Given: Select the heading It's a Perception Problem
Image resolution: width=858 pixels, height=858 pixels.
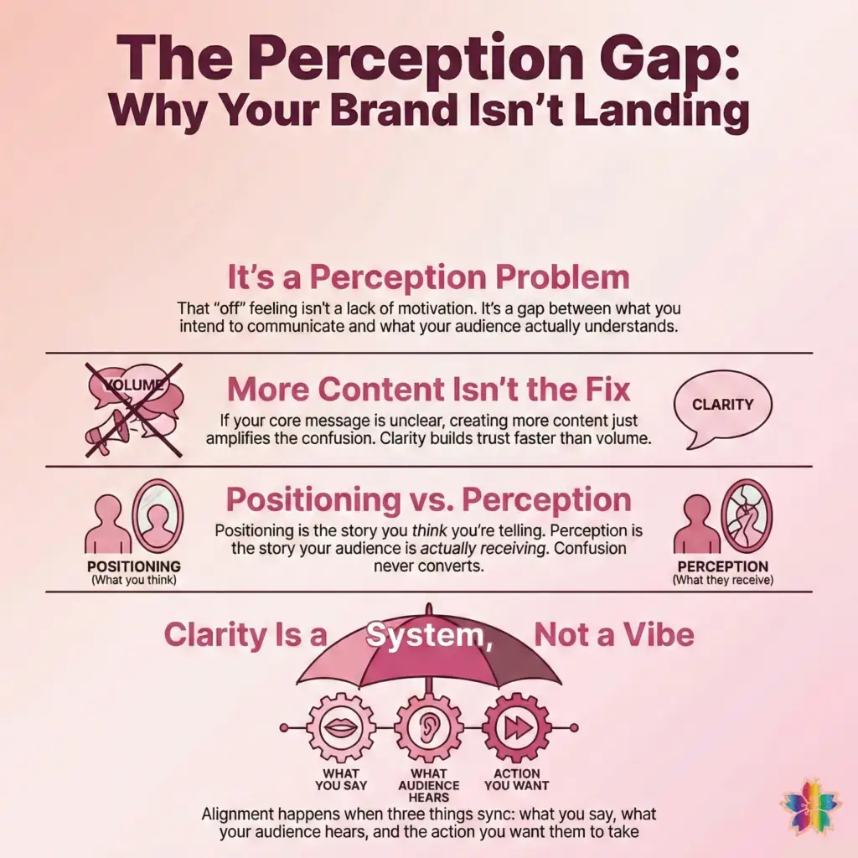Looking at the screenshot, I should [x=428, y=278].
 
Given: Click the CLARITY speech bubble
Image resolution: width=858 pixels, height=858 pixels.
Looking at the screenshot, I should [x=721, y=406].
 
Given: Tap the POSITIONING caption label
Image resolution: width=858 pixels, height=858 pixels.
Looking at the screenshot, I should [x=133, y=566].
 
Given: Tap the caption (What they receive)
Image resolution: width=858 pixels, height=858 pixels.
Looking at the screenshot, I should [x=723, y=580].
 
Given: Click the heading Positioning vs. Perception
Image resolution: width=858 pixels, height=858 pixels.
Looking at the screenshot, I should [x=429, y=500].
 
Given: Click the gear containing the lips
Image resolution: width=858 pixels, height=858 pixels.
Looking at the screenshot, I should [x=341, y=727].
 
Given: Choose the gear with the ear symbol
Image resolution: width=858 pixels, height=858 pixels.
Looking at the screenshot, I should [x=428, y=727].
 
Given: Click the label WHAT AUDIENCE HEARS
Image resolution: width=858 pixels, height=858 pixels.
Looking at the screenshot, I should [x=428, y=785].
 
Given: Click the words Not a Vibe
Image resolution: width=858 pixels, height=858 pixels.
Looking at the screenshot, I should [x=614, y=635].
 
